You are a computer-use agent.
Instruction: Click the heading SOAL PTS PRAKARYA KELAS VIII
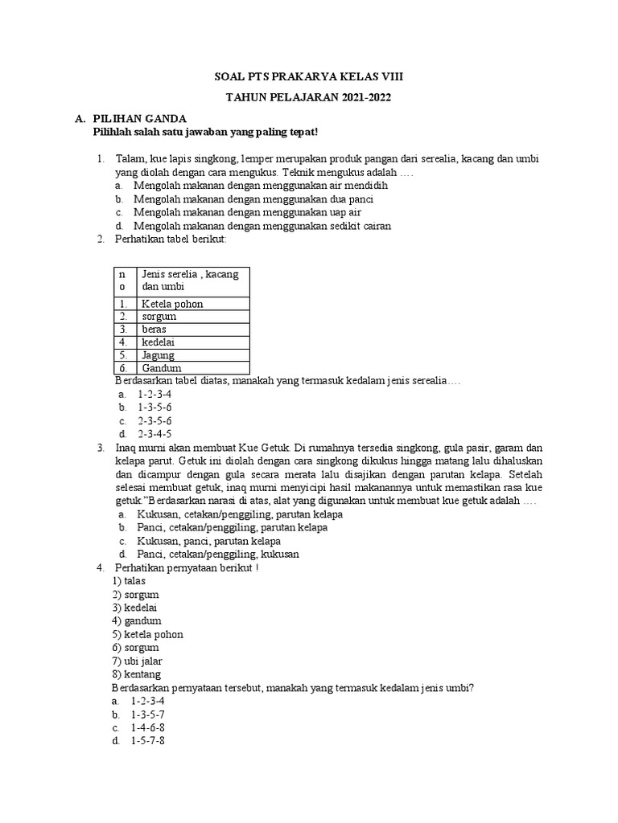pos(309,76)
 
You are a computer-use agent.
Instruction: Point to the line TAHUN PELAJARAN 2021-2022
pos(309,97)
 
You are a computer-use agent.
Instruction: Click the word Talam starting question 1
pos(130,159)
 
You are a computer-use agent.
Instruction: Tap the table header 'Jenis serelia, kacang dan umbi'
pos(191,280)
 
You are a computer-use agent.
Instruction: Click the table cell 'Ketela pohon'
pos(172,304)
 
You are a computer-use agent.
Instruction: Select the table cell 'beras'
pos(154,330)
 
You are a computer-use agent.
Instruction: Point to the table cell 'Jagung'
pos(158,355)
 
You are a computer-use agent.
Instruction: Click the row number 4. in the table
pos(123,342)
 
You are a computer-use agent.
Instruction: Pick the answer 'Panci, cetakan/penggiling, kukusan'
pos(218,555)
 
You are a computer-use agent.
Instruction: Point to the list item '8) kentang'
pos(137,674)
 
